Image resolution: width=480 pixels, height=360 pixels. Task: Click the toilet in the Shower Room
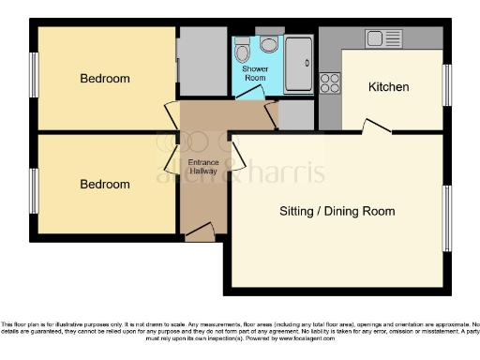click(269, 44)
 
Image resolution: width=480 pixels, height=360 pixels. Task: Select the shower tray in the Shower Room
click(299, 64)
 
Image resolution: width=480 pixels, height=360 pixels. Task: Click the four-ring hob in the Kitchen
click(330, 82)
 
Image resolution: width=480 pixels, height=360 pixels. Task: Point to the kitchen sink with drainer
click(383, 38)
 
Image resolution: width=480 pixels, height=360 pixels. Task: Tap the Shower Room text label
click(255, 74)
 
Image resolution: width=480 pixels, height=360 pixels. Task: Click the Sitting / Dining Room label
click(337, 211)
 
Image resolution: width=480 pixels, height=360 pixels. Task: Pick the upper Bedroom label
click(104, 79)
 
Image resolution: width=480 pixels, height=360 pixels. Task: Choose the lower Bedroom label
click(104, 185)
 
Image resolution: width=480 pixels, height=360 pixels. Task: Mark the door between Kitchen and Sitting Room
click(378, 127)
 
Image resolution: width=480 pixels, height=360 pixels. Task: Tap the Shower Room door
click(252, 96)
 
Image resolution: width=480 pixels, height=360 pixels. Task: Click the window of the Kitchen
click(447, 85)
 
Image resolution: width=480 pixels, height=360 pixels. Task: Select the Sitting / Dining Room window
click(447, 218)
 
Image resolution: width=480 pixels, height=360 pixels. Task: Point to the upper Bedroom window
click(34, 76)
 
